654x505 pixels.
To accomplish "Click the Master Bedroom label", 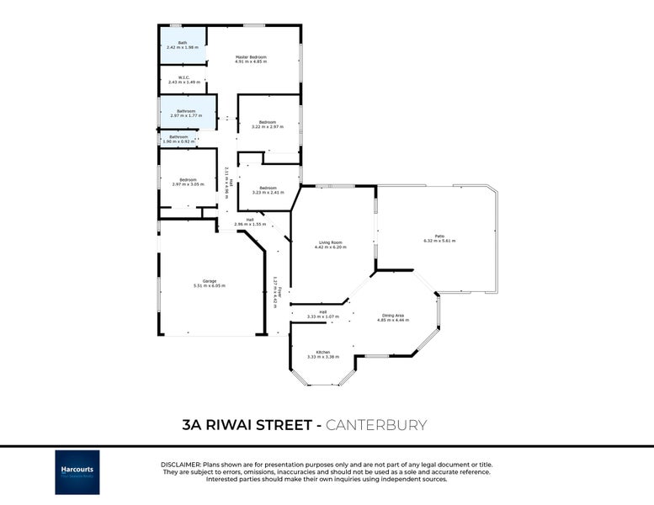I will (x=251, y=56).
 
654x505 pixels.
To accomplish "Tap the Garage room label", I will (x=210, y=280).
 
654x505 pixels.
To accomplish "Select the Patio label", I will (x=439, y=236).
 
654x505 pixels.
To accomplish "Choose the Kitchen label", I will (x=322, y=352).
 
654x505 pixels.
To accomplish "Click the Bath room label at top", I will (x=182, y=42).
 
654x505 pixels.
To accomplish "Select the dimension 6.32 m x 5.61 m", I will (x=439, y=241).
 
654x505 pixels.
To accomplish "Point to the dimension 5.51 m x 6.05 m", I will (x=210, y=285).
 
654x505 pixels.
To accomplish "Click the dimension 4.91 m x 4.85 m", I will (x=251, y=61).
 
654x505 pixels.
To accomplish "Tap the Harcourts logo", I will (x=77, y=472).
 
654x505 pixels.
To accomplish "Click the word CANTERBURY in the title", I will (x=376, y=425).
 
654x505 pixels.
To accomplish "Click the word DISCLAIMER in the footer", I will (x=180, y=465).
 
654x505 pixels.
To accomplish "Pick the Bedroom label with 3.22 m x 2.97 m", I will (x=268, y=122).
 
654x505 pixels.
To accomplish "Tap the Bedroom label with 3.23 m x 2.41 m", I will (x=268, y=187).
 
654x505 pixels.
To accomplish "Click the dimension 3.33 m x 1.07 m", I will (x=322, y=316).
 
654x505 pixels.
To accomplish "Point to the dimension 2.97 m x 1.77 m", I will (x=187, y=116).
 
